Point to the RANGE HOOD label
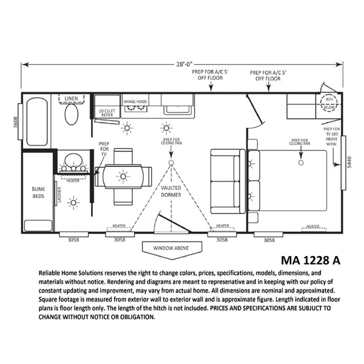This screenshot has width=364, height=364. click(136, 101)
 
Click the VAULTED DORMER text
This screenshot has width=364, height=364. click(172, 191)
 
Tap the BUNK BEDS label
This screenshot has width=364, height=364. click(39, 192)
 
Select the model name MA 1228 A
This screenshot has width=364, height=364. click(311, 260)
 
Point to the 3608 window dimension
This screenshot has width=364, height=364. click(16, 122)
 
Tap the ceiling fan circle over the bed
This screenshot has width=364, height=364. click(301, 163)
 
